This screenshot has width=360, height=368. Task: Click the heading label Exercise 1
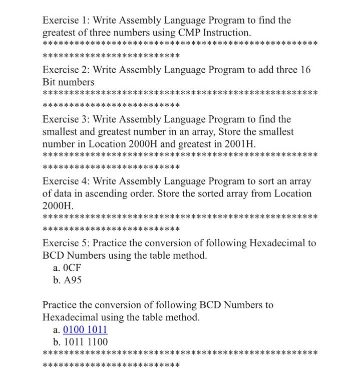click(66, 21)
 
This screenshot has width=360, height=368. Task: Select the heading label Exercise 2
click(66, 70)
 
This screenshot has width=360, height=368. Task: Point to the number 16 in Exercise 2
click(305, 70)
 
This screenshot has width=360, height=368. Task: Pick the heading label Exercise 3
click(66, 119)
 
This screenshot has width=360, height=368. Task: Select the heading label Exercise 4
click(66, 181)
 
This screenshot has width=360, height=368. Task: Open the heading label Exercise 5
click(66, 243)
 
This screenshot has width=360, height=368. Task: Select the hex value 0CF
click(72, 268)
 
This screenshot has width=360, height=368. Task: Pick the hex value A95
click(72, 280)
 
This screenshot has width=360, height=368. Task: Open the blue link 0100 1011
click(85, 330)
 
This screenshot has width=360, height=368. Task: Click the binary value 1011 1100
click(85, 342)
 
